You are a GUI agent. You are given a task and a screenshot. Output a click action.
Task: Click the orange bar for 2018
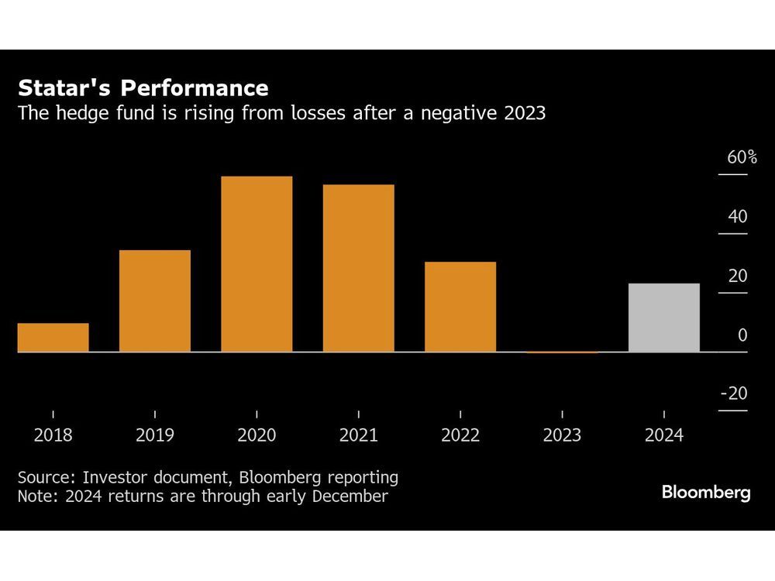53,338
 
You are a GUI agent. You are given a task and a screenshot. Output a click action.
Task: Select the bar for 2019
154,301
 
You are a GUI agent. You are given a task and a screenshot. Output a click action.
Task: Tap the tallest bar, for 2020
257,264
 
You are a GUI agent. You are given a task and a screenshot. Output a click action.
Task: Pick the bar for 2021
358,268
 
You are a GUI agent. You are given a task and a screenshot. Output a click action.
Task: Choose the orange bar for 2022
460,307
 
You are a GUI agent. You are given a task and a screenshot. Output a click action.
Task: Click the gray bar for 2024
664,318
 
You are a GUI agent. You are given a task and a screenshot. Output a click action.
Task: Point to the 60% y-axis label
742,158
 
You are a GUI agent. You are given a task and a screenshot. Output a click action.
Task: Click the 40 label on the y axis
738,217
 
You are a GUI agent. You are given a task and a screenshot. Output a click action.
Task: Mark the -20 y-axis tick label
734,394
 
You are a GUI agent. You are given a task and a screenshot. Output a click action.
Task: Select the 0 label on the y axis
742,335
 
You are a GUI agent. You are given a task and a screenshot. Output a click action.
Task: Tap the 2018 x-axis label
53,435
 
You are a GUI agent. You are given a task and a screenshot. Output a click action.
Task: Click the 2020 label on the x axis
257,435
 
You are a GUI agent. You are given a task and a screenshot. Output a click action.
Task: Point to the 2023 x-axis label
562,435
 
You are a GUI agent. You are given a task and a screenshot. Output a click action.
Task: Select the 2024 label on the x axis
664,435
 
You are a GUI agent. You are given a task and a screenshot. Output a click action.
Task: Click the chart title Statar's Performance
143,87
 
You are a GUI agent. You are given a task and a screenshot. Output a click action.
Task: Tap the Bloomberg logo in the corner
706,493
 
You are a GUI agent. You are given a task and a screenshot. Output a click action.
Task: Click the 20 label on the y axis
738,277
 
